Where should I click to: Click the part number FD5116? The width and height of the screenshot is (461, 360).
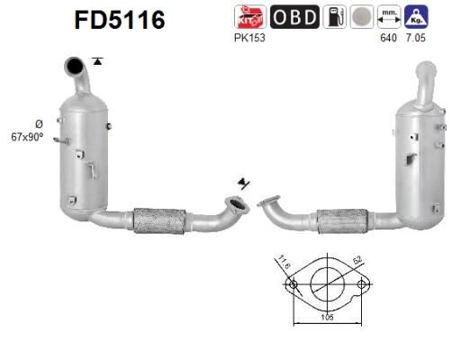[x=120, y=20]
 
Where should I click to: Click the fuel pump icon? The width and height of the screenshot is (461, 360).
[x=334, y=17]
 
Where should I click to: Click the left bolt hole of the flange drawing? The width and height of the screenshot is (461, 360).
[x=292, y=285]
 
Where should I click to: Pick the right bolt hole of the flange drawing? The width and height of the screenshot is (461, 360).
[x=361, y=285]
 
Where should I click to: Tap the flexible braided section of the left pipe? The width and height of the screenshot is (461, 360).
[x=159, y=220]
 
